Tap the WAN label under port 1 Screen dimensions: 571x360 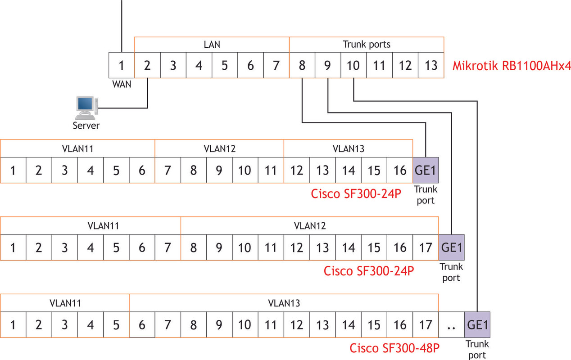pyautogui.click(x=122, y=84)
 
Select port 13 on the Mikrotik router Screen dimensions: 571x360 pyautogui.click(x=431, y=65)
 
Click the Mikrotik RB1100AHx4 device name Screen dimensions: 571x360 pyautogui.click(x=512, y=66)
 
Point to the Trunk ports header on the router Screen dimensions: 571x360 pyautogui.click(x=366, y=45)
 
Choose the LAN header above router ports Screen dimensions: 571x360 pyautogui.click(x=212, y=45)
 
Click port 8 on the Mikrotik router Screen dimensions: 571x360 pyautogui.click(x=302, y=65)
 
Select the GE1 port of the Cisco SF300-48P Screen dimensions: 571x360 pyautogui.click(x=477, y=324)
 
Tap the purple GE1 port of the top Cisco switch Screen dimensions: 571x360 pyautogui.click(x=426, y=170)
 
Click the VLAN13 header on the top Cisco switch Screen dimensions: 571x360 pyautogui.click(x=349, y=149)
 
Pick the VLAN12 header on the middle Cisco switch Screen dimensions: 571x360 pyautogui.click(x=310, y=226)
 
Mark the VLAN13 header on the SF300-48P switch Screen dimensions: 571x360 pyautogui.click(x=284, y=303)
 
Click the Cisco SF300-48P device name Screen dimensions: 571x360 pyautogui.click(x=394, y=348)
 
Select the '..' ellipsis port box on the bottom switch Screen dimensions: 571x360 pyautogui.click(x=452, y=324)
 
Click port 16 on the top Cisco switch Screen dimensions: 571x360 pyautogui.click(x=400, y=170)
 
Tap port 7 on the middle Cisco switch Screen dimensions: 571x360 pyautogui.click(x=168, y=247)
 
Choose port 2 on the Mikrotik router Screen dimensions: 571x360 pyautogui.click(x=147, y=65)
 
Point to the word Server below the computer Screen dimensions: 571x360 pyautogui.click(x=86, y=126)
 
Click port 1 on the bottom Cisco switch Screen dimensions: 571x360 pyautogui.click(x=13, y=324)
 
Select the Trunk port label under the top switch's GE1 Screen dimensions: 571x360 pyautogui.click(x=426, y=195)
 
